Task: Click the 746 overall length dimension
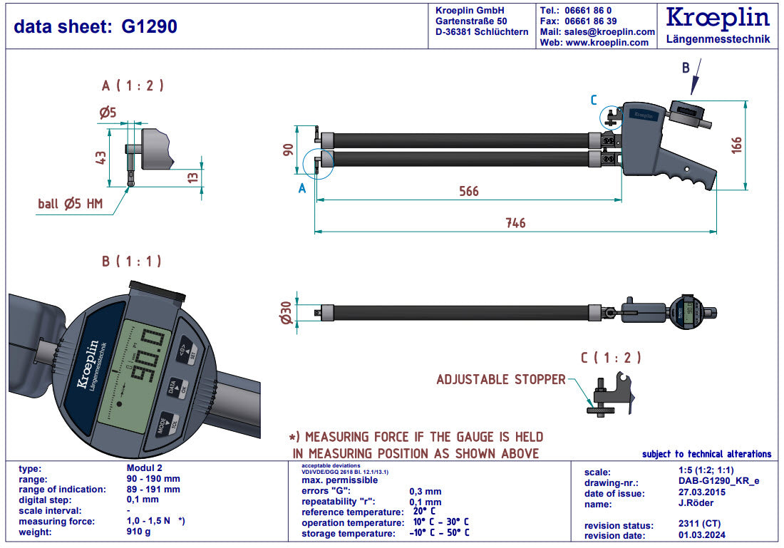[515, 223]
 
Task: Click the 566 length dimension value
[468, 191]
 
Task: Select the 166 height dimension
[737, 144]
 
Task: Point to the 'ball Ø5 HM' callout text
[71, 204]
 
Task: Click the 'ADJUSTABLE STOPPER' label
[500, 380]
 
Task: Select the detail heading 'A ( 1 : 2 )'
[133, 86]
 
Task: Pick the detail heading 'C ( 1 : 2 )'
[610, 358]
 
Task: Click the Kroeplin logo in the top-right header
[718, 19]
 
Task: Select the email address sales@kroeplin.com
[609, 32]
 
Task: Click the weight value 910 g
[138, 532]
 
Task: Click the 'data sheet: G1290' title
[96, 26]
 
